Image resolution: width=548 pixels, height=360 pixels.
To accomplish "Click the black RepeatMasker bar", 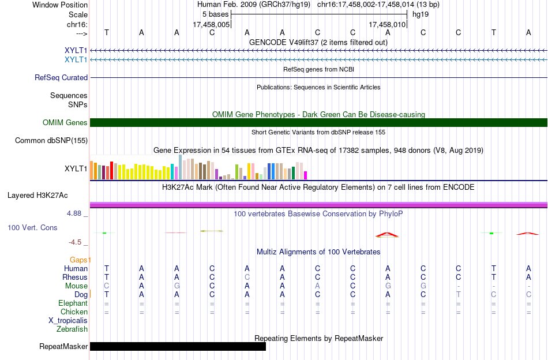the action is coord(178,346).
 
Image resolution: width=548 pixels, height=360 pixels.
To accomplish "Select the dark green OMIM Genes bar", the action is coord(319,123).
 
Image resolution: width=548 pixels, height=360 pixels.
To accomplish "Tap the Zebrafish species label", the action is coord(72,329).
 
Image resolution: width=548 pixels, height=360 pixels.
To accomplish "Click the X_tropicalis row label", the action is coord(68,321).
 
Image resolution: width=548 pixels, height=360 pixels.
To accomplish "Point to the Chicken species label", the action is coord(74,312).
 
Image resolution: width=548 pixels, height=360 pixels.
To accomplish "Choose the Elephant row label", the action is coord(73,303).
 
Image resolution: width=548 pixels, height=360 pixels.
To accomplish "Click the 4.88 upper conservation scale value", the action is coord(74,213).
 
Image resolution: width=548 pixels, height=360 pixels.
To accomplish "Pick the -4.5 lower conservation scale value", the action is coord(75,242).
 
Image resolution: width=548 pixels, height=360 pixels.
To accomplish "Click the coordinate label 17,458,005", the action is coord(211,24).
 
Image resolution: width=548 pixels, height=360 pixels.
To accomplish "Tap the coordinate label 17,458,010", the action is coord(387,24).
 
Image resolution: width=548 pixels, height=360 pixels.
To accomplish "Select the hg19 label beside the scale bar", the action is coord(421,14).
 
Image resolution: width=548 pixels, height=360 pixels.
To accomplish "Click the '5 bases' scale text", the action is coord(215,14).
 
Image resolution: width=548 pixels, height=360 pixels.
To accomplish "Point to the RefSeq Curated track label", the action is coord(61,77).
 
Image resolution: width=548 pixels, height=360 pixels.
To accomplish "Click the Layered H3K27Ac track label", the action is coord(37,196).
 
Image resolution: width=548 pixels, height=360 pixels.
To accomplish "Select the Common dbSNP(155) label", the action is coord(51,141).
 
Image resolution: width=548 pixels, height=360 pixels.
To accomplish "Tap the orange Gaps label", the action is coord(78,260).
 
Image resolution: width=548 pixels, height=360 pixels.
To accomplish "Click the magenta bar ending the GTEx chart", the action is coord(306,175).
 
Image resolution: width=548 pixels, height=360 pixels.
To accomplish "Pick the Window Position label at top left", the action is coord(60,5).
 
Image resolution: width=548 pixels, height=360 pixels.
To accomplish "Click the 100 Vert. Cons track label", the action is coord(32,227).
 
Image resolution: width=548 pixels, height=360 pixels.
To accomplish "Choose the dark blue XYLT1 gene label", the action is coord(76,50).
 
